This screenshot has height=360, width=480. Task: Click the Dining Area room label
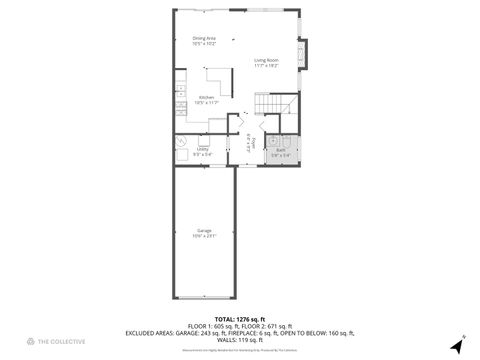click(204, 39)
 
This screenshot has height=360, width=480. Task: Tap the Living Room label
click(266, 60)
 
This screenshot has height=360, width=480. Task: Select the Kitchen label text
click(206, 98)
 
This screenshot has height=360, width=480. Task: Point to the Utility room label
click(188, 149)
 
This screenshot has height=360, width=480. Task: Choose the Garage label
click(204, 230)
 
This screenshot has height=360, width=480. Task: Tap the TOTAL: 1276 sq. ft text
click(239, 319)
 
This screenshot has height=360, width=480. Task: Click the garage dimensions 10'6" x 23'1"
click(204, 236)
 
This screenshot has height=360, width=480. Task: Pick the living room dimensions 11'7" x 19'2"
click(266, 65)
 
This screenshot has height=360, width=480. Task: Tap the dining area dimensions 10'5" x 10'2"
click(204, 44)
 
